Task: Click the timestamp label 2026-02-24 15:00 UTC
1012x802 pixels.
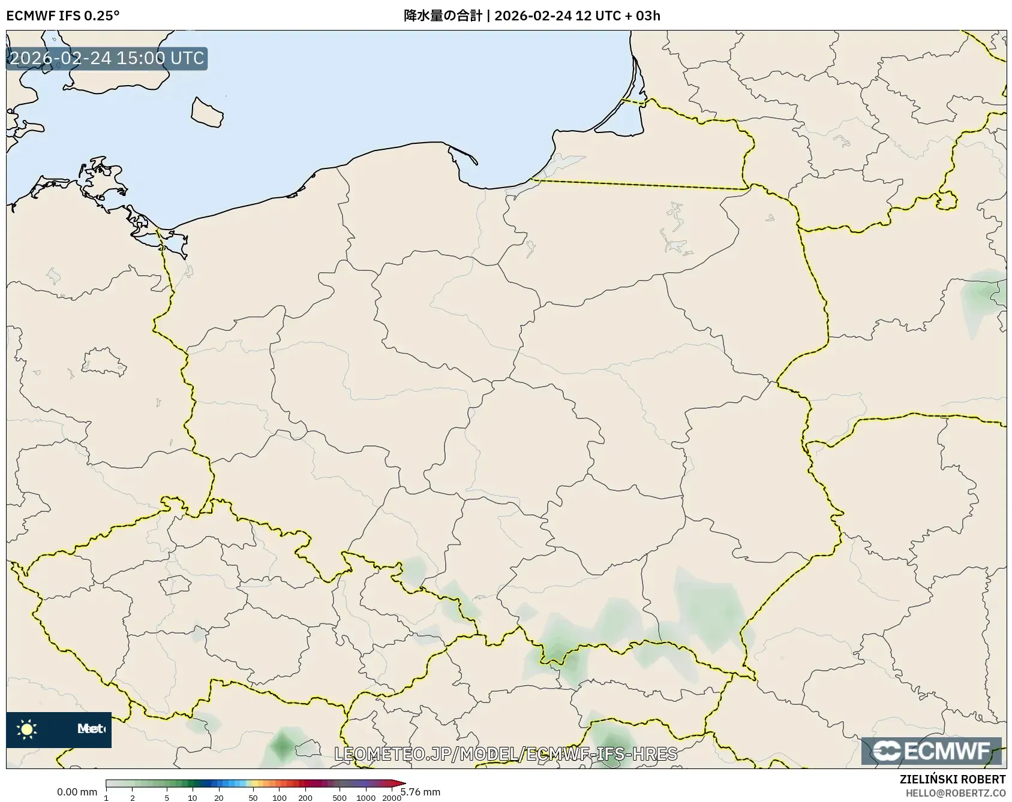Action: click(x=107, y=58)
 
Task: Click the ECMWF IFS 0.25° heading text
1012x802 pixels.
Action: click(x=62, y=16)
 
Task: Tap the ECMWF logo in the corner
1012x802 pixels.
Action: click(x=932, y=751)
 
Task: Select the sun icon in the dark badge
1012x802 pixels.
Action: click(x=27, y=729)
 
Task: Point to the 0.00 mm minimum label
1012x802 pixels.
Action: click(x=77, y=792)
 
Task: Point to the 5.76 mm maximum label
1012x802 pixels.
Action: click(x=422, y=792)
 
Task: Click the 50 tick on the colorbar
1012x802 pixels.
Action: click(x=253, y=798)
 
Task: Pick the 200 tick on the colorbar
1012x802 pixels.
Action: click(x=305, y=798)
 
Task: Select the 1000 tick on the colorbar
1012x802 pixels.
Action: click(x=366, y=798)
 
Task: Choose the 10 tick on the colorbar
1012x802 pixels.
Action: click(x=193, y=798)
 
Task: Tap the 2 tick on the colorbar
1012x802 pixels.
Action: click(x=133, y=798)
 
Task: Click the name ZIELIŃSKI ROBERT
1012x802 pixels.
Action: click(x=952, y=780)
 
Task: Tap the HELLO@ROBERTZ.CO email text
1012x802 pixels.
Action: click(x=955, y=793)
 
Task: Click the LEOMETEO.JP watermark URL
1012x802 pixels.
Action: click(x=505, y=753)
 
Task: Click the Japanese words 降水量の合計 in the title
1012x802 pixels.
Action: click(x=443, y=16)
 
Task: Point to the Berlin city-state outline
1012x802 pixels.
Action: click(x=104, y=362)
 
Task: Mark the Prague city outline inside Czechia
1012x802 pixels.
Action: click(x=175, y=584)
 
